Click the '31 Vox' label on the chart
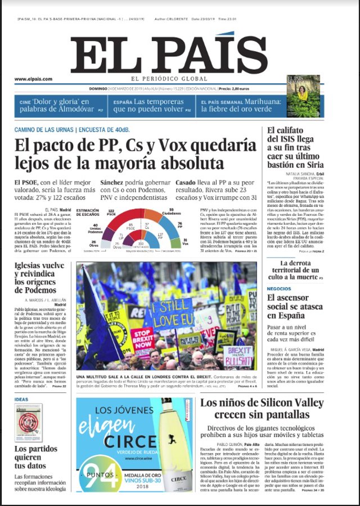185,242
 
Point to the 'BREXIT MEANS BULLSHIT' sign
238,356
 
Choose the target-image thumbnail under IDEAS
26,423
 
